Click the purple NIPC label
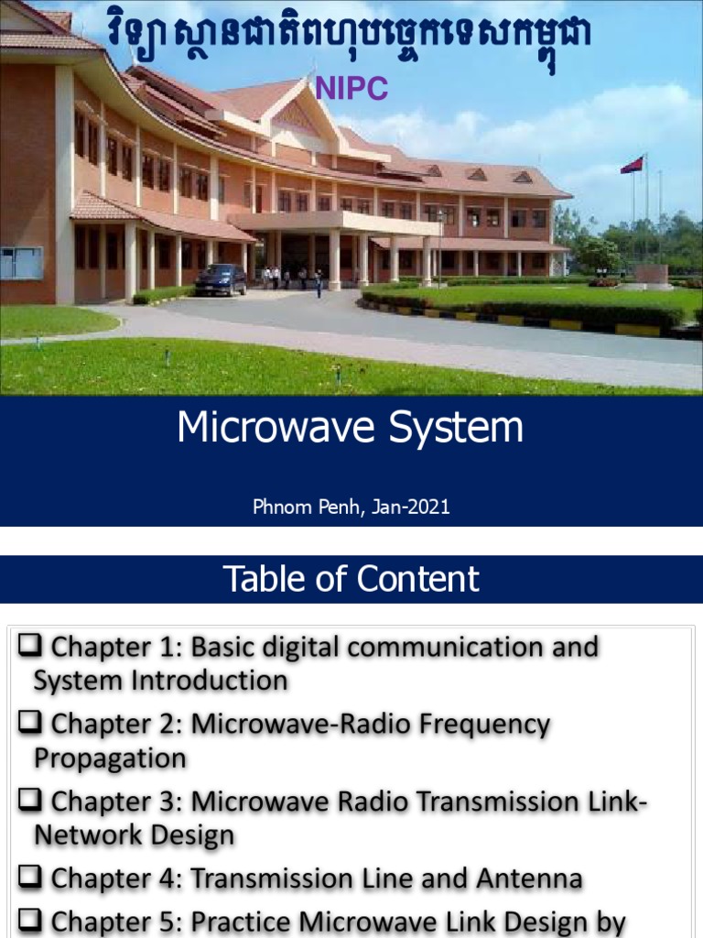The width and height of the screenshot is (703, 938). (x=352, y=88)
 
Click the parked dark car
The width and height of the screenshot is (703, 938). (x=220, y=279)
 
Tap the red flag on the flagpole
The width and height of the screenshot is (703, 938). (x=632, y=165)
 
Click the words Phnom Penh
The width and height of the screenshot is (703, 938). (x=307, y=507)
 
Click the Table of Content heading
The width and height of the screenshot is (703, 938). (x=351, y=579)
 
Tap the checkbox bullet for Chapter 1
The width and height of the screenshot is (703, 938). (x=30, y=647)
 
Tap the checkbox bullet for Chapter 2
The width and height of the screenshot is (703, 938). (x=30, y=724)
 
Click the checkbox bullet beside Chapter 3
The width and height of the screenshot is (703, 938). (x=30, y=801)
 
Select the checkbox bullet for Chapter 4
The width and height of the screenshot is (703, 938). (x=30, y=878)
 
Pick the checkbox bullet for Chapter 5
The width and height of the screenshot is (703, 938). (x=30, y=922)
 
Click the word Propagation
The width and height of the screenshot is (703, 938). (x=110, y=758)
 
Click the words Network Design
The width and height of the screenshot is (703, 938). (x=134, y=835)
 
